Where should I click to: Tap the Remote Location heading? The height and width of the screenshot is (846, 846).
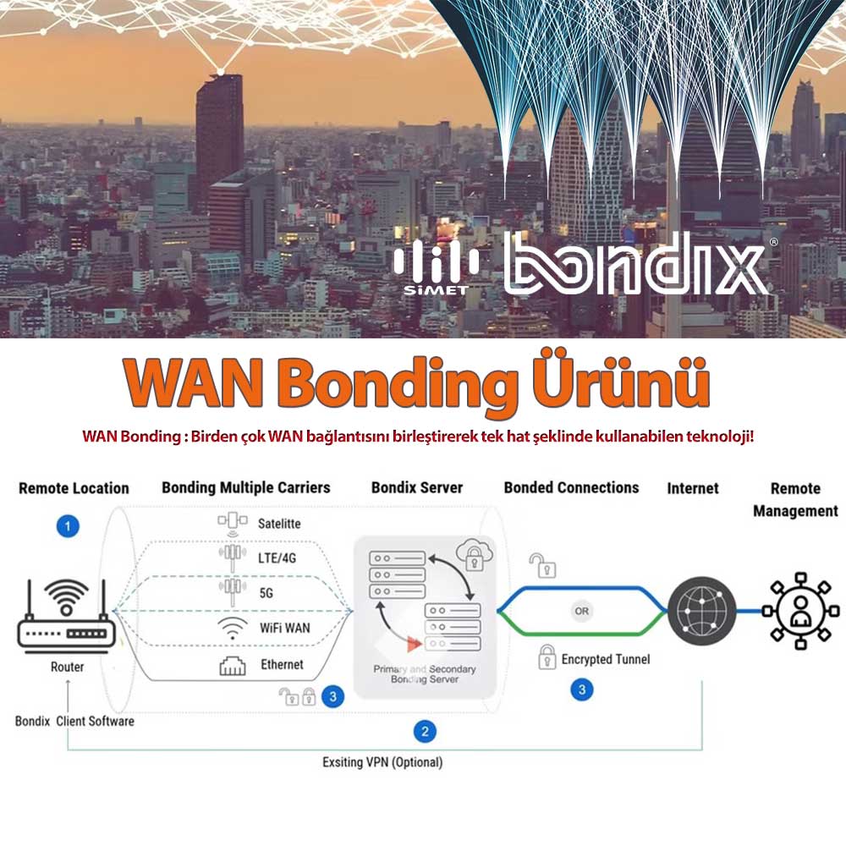click(74, 488)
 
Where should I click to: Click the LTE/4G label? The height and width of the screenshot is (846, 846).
click(277, 558)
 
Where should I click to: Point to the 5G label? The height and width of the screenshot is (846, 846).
click(266, 593)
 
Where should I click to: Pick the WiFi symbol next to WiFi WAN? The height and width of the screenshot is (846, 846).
click(232, 628)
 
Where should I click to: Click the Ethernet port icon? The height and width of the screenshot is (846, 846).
click(232, 665)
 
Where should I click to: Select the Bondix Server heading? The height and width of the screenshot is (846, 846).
click(417, 488)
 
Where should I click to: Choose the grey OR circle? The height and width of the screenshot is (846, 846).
click(581, 610)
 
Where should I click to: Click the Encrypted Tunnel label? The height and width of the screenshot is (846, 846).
click(606, 659)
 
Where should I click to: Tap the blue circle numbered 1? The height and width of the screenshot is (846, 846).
click(68, 526)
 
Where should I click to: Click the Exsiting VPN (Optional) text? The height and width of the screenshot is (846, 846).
click(382, 762)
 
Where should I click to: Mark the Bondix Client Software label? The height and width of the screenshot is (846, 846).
click(74, 722)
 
